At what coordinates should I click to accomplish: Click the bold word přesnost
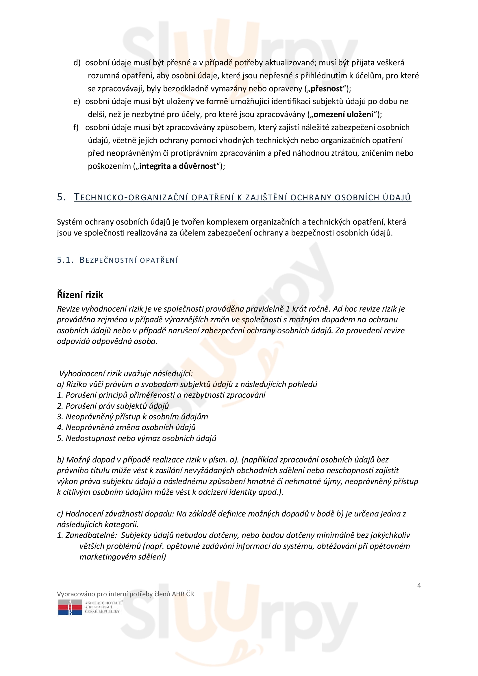tap(326, 89)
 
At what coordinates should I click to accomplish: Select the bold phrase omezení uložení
tap(343, 114)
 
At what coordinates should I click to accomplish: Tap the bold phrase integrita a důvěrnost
tap(178, 166)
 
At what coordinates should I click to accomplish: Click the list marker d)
tap(77, 63)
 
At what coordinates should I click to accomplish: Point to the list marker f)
tap(76, 127)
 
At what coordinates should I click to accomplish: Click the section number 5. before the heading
tap(61, 197)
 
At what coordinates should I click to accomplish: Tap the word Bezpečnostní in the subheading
tap(108, 260)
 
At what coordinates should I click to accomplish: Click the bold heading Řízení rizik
tap(80, 295)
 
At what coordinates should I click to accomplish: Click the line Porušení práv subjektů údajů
tap(113, 406)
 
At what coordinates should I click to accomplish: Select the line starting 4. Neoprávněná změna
tap(126, 427)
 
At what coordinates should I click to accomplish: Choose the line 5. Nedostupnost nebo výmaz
tap(137, 438)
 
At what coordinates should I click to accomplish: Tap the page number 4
tap(419, 585)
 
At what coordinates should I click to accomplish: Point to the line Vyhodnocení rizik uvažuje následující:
tap(126, 374)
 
